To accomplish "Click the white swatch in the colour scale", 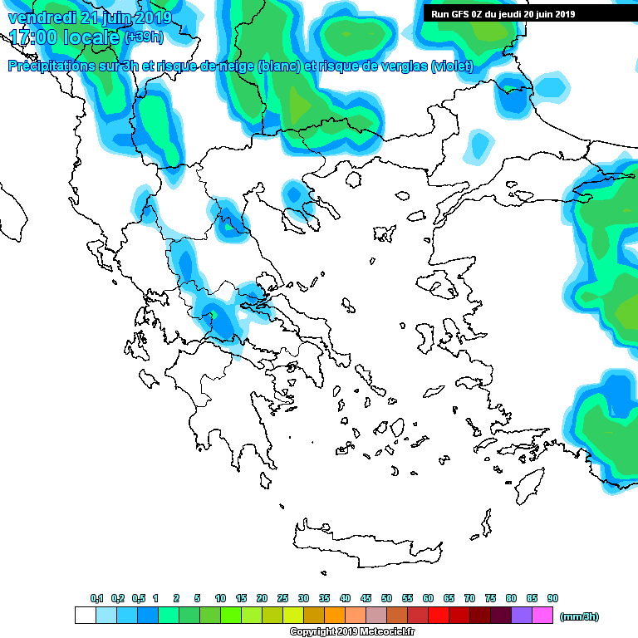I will point(86,616).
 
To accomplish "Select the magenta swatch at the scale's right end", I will point(542,616).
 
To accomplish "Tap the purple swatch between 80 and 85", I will point(522,616).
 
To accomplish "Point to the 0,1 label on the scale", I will point(96,599).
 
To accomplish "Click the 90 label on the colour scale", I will point(552,599).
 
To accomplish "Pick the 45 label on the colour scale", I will point(366,599).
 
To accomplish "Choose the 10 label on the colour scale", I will point(220,599).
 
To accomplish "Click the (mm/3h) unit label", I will point(580,616).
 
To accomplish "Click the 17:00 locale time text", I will point(64,37).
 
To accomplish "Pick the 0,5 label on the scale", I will point(138,599).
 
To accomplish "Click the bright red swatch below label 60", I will point(439,616).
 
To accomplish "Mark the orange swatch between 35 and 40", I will point(335,616).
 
